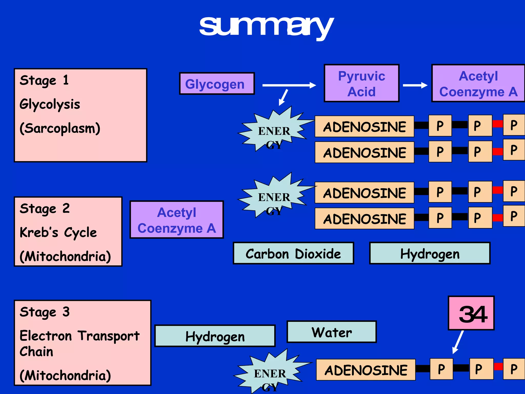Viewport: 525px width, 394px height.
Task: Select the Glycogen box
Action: pyautogui.click(x=217, y=84)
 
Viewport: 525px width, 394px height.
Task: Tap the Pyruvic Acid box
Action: pyautogui.click(x=361, y=83)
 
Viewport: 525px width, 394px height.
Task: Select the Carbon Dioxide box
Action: pyautogui.click(x=293, y=253)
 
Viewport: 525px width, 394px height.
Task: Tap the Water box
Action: pyautogui.click(x=331, y=332)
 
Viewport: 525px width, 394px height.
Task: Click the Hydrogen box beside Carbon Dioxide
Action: pyautogui.click(x=430, y=253)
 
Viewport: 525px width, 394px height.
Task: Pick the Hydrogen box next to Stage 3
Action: pyautogui.click(x=215, y=336)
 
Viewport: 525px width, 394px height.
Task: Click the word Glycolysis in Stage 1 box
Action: pyautogui.click(x=50, y=104)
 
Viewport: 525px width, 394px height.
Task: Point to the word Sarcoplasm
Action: pyautogui.click(x=60, y=128)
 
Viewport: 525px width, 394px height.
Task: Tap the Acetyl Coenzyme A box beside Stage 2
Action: pyautogui.click(x=177, y=220)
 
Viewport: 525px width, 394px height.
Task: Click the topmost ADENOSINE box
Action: pyautogui.click(x=364, y=126)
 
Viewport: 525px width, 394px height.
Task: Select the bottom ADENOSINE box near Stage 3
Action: pyautogui.click(x=366, y=370)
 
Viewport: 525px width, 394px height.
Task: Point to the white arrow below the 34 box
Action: pyautogui.click(x=458, y=342)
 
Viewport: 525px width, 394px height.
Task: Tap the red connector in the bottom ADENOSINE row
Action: pyautogui.click(x=498, y=367)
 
